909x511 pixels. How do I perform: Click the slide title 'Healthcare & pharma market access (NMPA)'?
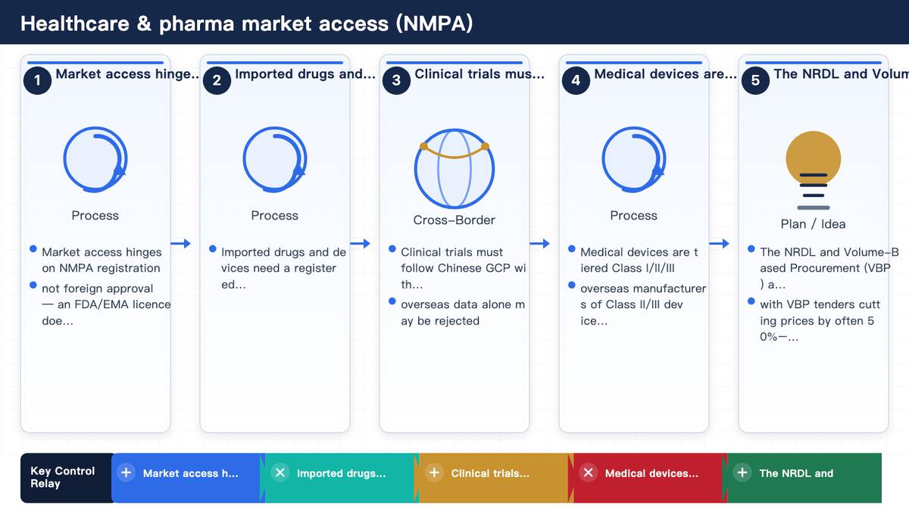(247, 23)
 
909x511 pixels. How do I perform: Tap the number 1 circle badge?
(37, 80)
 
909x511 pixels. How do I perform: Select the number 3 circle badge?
(396, 80)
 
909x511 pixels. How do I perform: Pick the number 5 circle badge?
(756, 80)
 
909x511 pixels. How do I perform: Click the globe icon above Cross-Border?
(454, 168)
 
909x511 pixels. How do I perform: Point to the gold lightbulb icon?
(814, 170)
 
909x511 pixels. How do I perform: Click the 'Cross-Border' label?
(454, 220)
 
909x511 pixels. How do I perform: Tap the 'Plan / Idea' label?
(814, 224)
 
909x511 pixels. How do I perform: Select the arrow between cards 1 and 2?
(180, 243)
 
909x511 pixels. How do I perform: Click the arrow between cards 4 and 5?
(719, 243)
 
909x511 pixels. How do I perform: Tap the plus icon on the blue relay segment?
(127, 472)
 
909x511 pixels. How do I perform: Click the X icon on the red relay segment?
(589, 472)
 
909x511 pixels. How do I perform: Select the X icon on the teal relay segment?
(280, 472)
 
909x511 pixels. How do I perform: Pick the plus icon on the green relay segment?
(742, 472)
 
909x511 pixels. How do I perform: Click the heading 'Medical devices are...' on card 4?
(666, 74)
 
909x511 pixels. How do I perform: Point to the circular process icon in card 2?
(275, 160)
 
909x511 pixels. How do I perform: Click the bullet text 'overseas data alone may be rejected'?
(463, 312)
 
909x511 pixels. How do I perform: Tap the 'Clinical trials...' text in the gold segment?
(490, 473)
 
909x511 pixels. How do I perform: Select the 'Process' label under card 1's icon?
(95, 215)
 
